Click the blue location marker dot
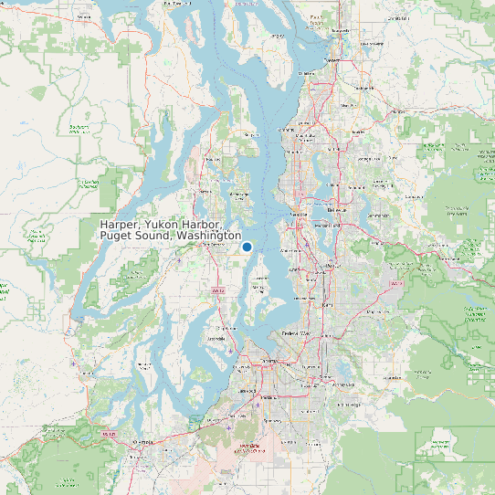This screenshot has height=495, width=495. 247,247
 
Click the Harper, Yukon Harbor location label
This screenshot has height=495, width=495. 170,230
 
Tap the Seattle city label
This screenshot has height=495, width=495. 298,213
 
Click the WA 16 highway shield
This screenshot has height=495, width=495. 217,290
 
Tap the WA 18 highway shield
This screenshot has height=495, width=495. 395,283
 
